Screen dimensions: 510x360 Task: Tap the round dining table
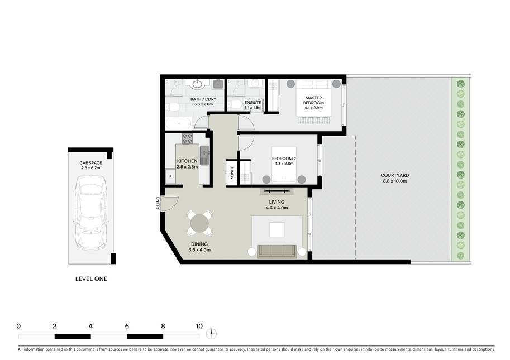point(199,223)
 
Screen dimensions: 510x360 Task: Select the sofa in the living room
point(277,251)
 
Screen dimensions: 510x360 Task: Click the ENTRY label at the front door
point(158,203)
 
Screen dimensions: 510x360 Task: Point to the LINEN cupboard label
point(232,173)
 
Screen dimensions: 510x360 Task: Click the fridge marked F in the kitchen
point(170,177)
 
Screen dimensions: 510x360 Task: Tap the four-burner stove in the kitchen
point(187,139)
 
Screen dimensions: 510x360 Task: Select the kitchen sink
point(204,155)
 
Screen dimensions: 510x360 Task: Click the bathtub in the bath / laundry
point(178,123)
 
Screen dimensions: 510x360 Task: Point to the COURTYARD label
point(394,175)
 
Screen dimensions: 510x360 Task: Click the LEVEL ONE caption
point(91,279)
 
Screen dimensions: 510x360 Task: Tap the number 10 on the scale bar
point(199,326)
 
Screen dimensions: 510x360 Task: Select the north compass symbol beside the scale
point(211,333)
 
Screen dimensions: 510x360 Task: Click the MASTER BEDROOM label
point(313,100)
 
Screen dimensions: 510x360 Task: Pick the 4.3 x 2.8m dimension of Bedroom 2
point(284,164)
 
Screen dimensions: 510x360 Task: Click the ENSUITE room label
point(252,102)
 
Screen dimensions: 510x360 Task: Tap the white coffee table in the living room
point(277,230)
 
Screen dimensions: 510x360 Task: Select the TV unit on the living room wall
point(277,191)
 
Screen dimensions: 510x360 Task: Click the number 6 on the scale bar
point(127,326)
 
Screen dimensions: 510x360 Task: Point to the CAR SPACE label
point(90,163)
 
